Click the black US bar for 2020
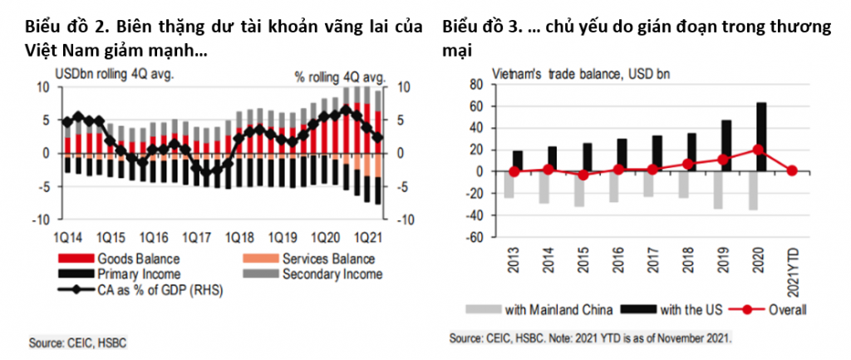[x=761, y=137]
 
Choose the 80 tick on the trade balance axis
[x=476, y=84]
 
